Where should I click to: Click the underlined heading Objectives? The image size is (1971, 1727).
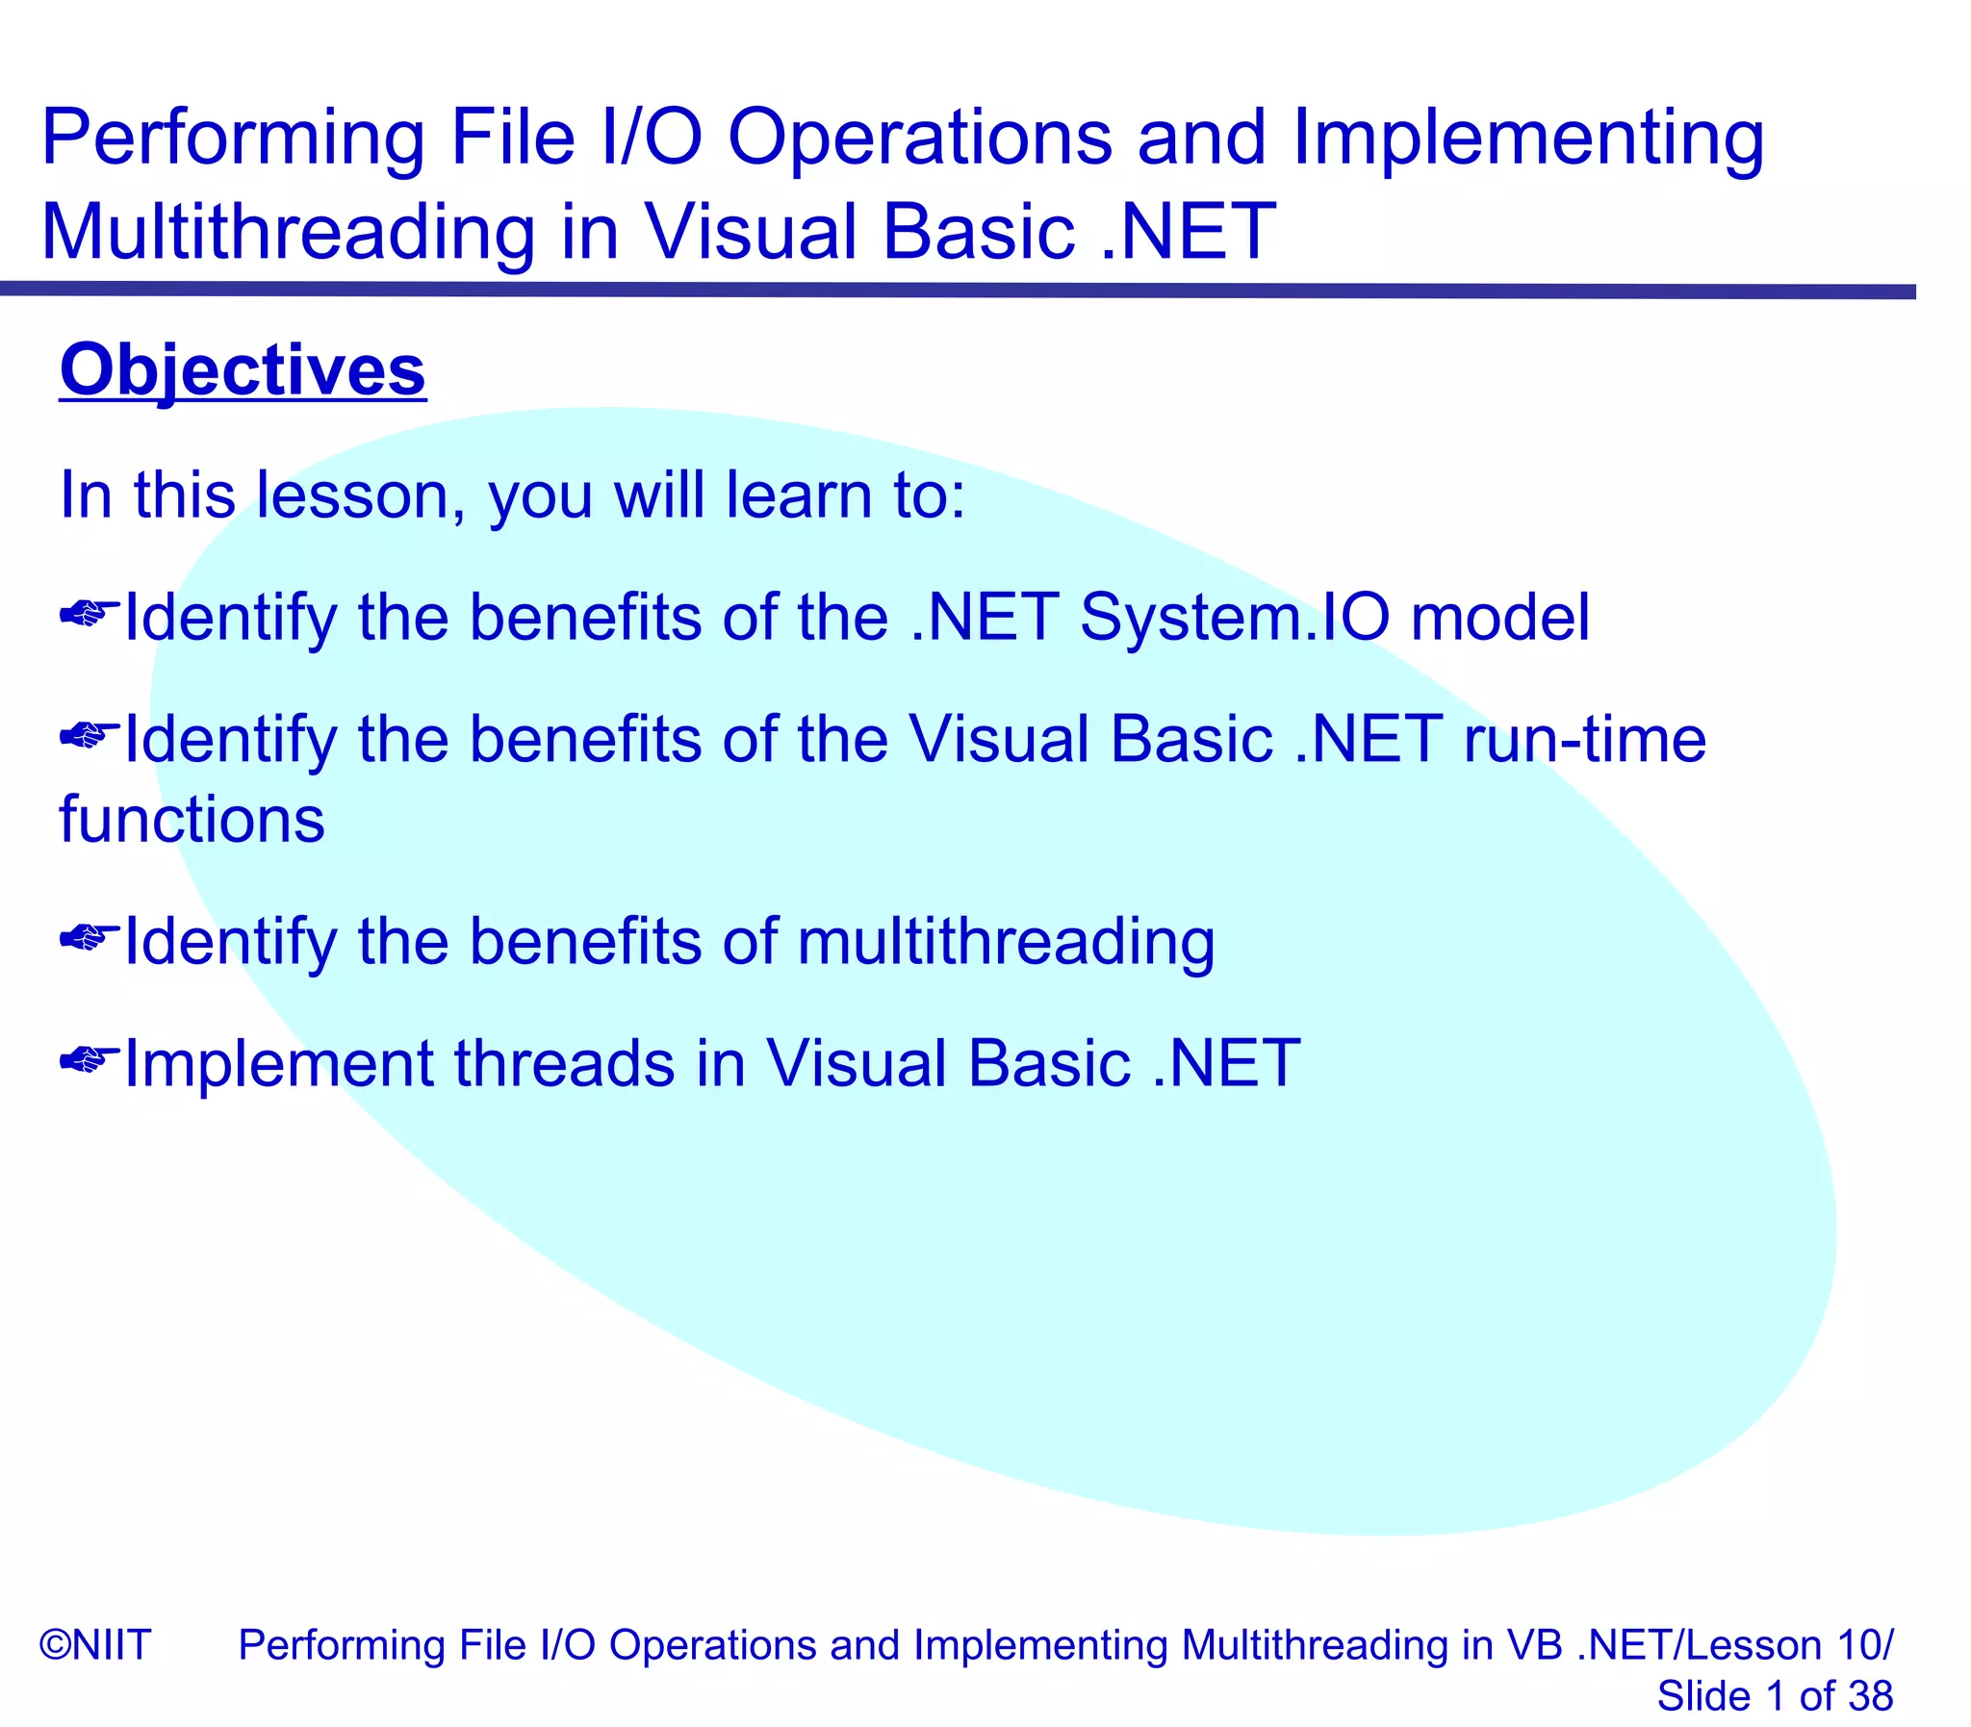click(242, 371)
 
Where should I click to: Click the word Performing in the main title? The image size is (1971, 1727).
click(232, 138)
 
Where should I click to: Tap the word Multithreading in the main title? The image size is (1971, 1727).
click(287, 232)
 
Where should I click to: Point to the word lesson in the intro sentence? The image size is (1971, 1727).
click(352, 495)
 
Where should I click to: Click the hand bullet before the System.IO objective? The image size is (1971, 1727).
click(89, 613)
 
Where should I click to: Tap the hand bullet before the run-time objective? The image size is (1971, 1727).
click(89, 735)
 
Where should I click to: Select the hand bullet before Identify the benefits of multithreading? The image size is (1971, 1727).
click(89, 937)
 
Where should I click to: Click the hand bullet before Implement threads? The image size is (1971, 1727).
click(89, 1060)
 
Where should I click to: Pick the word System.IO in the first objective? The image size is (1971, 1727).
click(1235, 617)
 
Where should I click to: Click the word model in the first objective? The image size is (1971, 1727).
click(1499, 617)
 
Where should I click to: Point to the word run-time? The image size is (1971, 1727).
click(1584, 739)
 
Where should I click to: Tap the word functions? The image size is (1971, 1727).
click(192, 820)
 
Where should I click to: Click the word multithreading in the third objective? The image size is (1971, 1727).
click(1006, 942)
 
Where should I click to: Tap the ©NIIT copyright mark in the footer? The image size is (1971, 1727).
click(94, 1644)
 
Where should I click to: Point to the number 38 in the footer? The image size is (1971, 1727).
click(1870, 1695)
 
